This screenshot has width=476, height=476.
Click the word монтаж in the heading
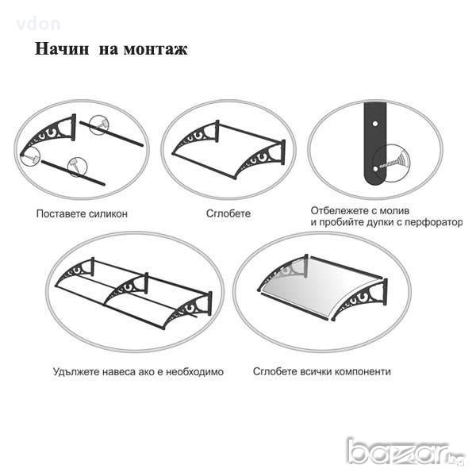pos(155,49)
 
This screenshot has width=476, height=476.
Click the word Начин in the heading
pos(62,48)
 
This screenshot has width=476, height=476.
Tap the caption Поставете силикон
pos(82,213)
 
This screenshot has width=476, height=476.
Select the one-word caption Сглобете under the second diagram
pos(228,213)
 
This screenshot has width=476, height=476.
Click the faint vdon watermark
pos(38,25)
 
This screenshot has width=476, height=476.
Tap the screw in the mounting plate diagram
pos(392,162)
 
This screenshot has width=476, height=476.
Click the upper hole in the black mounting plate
pos(375,124)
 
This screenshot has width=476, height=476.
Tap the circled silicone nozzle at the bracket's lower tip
pos(30,157)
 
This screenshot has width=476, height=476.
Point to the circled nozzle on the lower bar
pos(77,167)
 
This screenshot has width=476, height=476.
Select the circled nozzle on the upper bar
pos(100,125)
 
